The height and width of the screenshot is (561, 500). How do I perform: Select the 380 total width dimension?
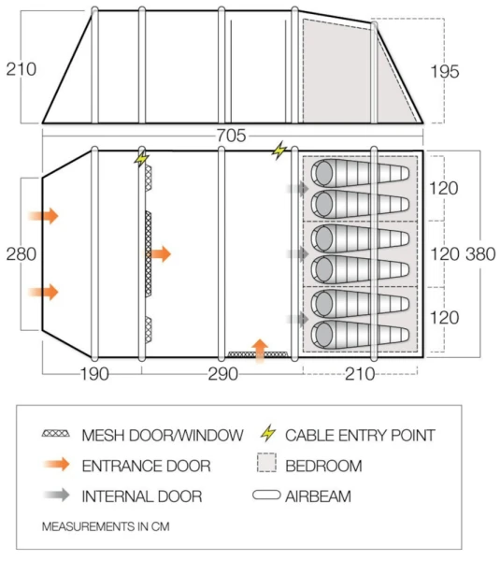point(478,254)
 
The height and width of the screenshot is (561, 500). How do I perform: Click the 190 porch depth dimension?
point(93,375)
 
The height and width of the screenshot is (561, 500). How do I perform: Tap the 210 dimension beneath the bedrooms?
point(361,375)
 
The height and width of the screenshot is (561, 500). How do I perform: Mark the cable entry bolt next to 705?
point(279,149)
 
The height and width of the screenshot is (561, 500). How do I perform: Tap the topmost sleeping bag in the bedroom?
point(360,172)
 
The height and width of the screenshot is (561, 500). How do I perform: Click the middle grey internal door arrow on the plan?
point(298,253)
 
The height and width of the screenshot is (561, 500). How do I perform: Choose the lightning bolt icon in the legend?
point(269,434)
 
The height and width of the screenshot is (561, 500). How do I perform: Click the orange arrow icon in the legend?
point(57,465)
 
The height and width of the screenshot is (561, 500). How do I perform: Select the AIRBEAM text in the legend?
point(319,496)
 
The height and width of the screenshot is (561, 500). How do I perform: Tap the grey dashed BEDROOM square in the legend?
point(269,465)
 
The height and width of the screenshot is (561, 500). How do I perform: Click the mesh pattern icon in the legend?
point(57,435)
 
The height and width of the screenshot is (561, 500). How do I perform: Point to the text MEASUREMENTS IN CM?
point(106,527)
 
